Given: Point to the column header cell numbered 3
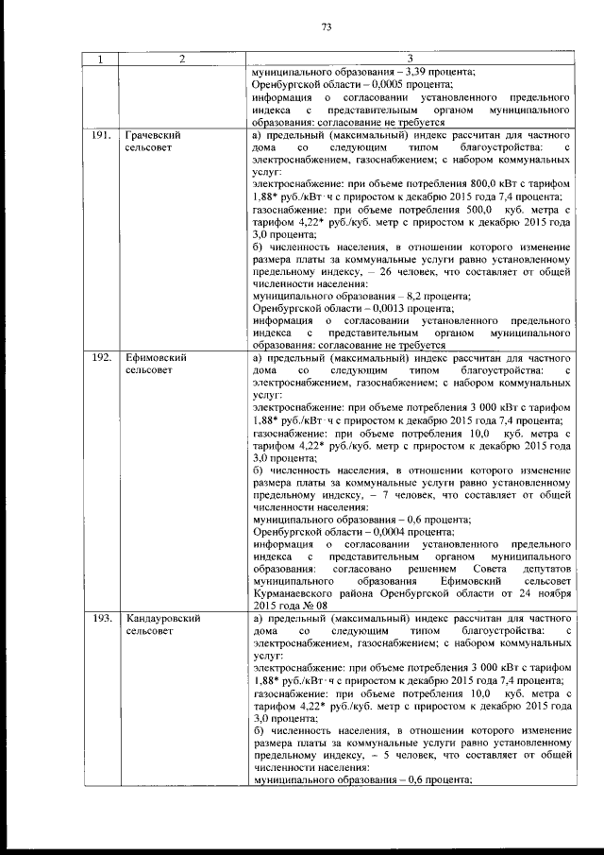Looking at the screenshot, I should [411, 60].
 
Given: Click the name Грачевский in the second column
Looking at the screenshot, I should [153, 135].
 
